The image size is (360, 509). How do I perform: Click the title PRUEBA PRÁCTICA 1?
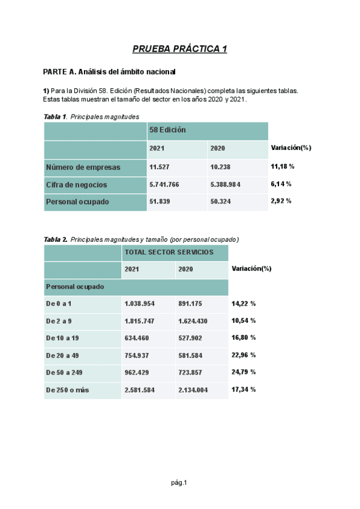click(179, 49)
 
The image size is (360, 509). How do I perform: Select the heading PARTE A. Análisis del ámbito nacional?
click(109, 72)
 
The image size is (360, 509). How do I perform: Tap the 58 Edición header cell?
click(168, 130)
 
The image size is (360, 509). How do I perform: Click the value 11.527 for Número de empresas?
click(160, 167)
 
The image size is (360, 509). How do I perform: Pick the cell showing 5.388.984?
click(226, 184)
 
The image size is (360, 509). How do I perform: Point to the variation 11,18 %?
click(283, 166)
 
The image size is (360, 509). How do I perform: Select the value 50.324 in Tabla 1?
click(221, 202)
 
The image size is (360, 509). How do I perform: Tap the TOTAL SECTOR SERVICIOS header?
click(169, 252)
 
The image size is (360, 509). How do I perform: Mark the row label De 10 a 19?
click(62, 338)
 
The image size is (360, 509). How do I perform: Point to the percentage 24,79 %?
click(244, 372)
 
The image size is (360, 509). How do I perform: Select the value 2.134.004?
click(193, 390)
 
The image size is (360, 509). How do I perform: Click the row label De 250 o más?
click(67, 390)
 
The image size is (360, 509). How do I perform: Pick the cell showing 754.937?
click(137, 355)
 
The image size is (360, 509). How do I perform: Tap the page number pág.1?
click(179, 483)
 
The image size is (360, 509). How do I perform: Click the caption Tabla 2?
click(56, 239)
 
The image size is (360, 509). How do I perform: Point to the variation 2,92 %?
click(281, 201)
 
